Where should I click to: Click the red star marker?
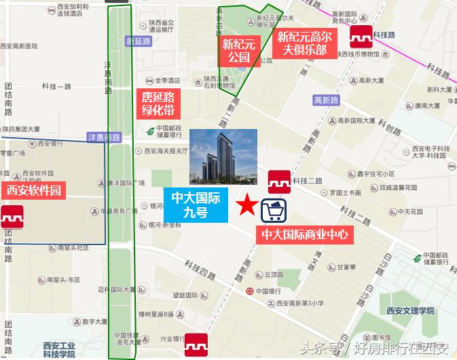(248, 204)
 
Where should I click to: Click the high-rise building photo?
(223, 158)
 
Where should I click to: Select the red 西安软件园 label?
(33, 190)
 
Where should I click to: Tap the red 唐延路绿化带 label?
(158, 103)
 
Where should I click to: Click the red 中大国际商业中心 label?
(305, 235)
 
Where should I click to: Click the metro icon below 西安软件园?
(12, 217)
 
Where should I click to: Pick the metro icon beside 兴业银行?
(196, 343)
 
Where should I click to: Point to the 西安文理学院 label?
(409, 310)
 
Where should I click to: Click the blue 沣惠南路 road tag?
(104, 137)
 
